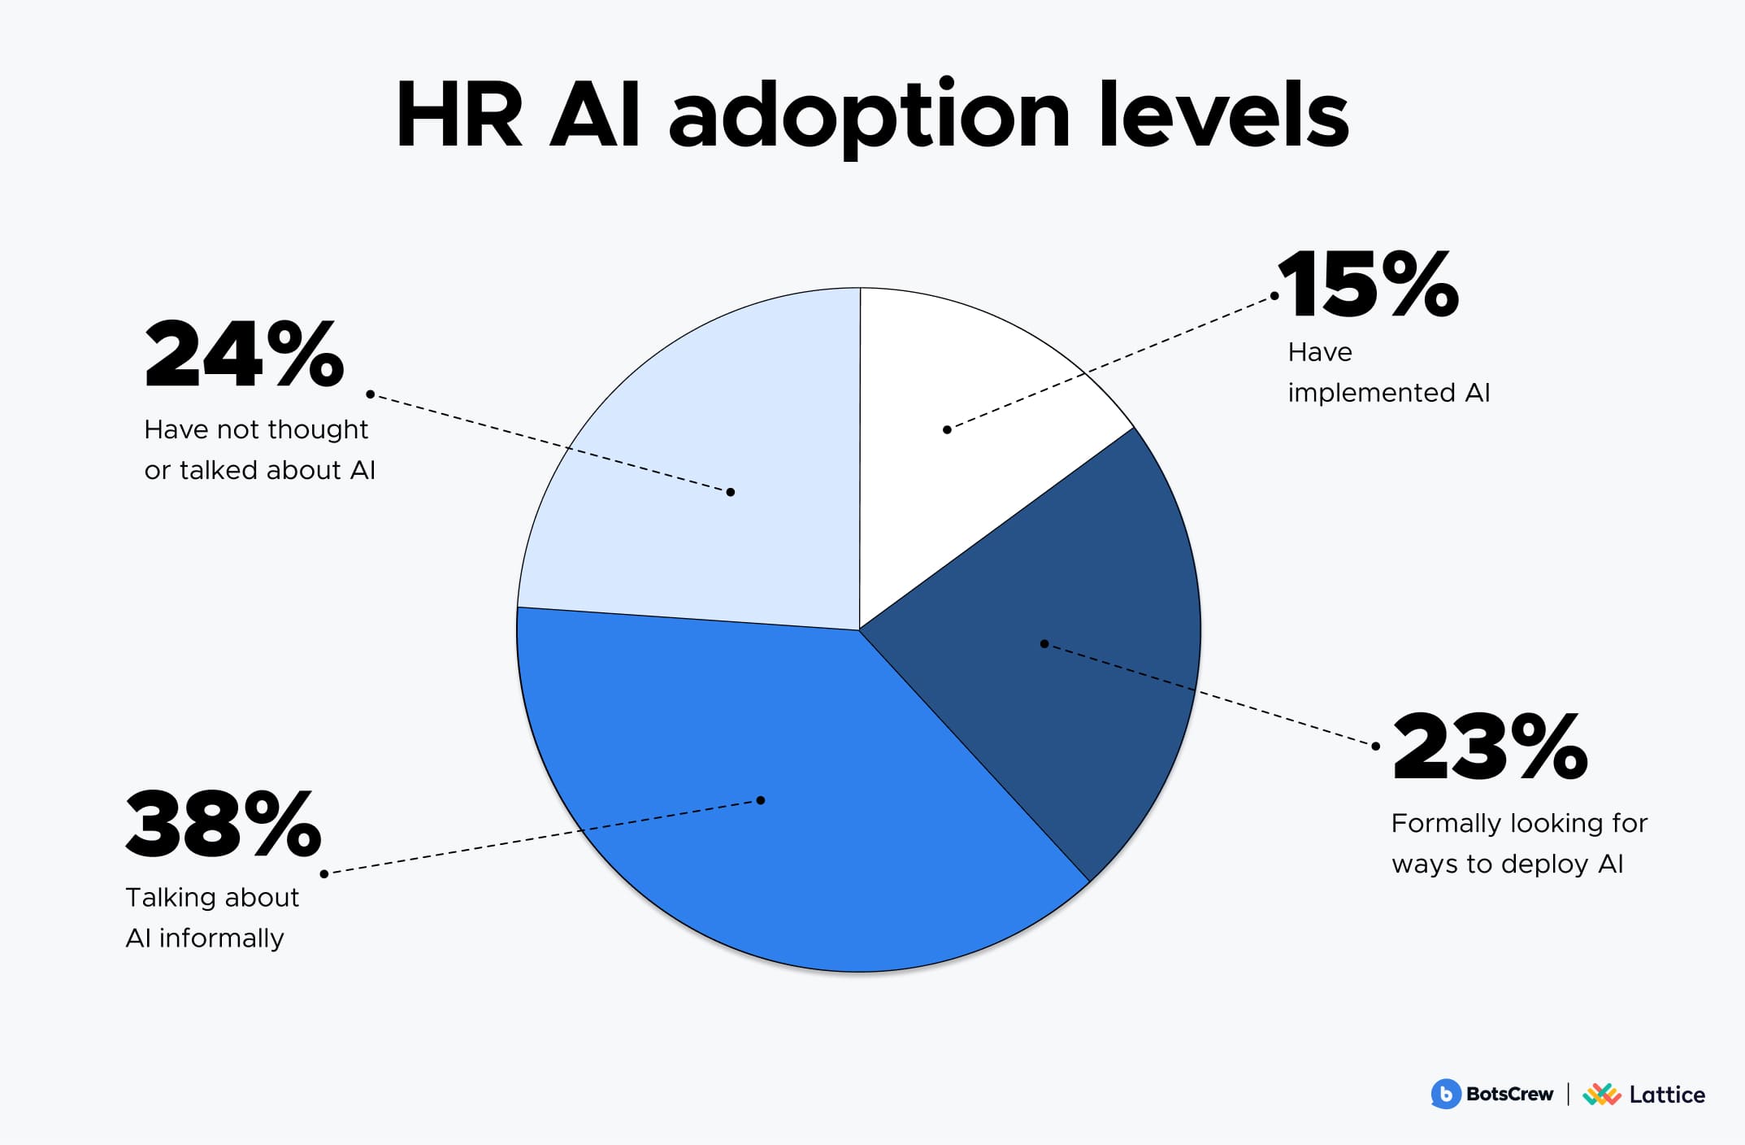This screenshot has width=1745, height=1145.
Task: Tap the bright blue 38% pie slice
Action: click(x=780, y=797)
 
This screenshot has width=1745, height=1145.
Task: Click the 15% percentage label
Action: click(x=1369, y=284)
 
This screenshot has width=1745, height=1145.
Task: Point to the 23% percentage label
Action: click(x=1490, y=747)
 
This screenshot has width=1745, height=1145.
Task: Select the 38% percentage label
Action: click(x=224, y=824)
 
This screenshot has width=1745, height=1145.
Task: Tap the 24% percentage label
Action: click(x=244, y=354)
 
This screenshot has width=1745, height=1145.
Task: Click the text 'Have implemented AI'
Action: click(x=1389, y=372)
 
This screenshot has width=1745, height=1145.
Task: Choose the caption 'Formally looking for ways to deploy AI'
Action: click(x=1519, y=843)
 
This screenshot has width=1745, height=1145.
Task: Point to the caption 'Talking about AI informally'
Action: click(x=212, y=917)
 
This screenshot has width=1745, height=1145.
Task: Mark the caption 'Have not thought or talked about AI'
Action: click(x=259, y=450)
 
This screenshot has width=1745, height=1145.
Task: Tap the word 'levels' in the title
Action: click(x=1224, y=114)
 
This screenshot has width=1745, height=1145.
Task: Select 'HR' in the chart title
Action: click(x=459, y=115)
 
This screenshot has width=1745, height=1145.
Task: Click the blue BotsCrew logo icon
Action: click(x=1446, y=1095)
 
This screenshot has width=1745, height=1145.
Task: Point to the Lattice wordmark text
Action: click(x=1667, y=1095)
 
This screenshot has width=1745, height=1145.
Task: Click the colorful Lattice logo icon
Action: click(x=1601, y=1095)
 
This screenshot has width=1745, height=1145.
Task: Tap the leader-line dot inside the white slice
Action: click(x=947, y=429)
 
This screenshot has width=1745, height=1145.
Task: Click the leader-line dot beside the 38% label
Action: click(x=324, y=873)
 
